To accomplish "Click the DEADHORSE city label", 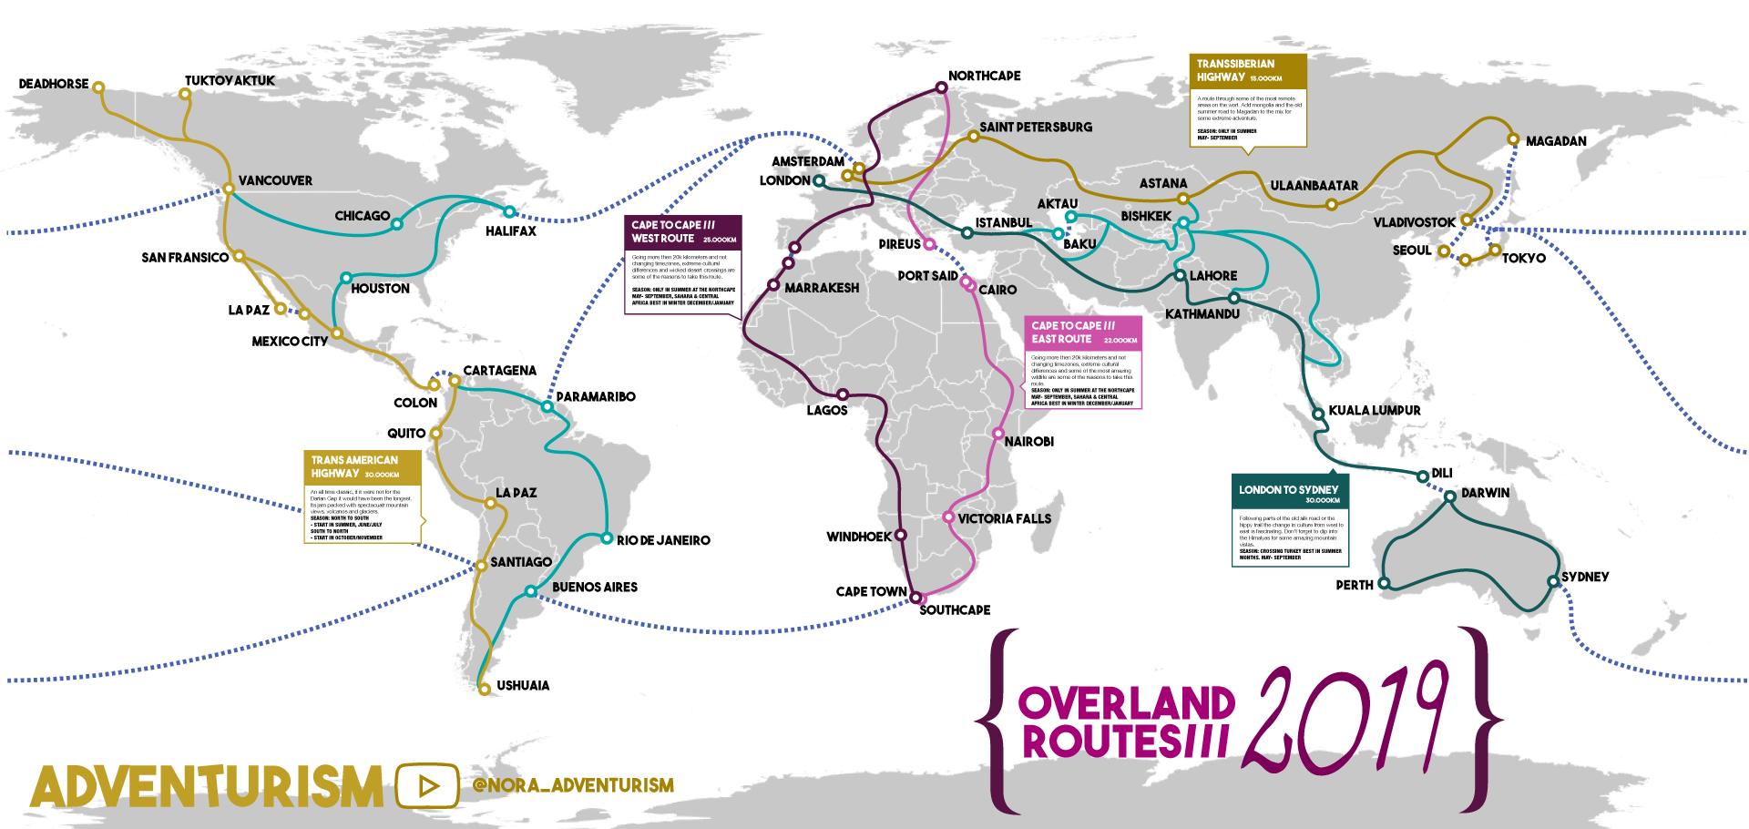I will (x=54, y=84).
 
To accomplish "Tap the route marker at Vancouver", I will (x=229, y=189).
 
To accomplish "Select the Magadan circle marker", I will (x=1513, y=139).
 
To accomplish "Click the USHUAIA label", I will (x=523, y=685).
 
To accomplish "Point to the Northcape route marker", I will (x=942, y=88).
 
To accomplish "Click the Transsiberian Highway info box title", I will (x=1247, y=70).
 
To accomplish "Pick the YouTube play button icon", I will (x=427, y=785).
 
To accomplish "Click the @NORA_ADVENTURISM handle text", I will (x=574, y=785).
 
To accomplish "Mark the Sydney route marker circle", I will (x=1553, y=581).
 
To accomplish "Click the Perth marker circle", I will (x=1384, y=583).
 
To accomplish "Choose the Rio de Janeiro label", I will (x=663, y=540).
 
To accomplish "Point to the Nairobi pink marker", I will (x=998, y=434).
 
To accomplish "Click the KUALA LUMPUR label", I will (x=1374, y=411).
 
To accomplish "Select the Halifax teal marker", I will (x=509, y=212).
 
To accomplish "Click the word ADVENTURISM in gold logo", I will (x=208, y=787).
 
